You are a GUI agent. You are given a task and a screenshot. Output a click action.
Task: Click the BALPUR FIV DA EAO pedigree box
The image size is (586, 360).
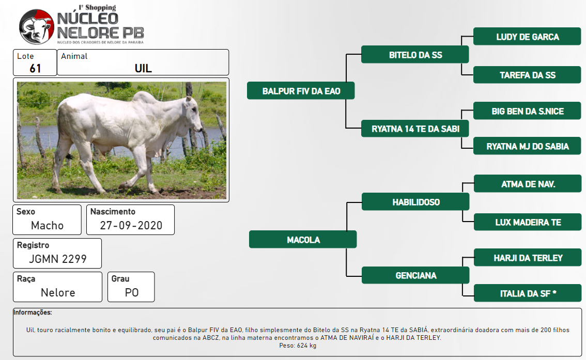[301, 91]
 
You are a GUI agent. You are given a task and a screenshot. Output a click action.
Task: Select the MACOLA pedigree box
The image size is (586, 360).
[303, 239]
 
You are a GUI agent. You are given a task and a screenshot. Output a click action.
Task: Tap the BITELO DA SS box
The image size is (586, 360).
[415, 55]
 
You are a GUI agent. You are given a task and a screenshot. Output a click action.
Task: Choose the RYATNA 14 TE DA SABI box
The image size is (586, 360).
[415, 129]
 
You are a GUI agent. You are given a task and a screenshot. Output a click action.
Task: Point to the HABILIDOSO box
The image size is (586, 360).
[415, 201]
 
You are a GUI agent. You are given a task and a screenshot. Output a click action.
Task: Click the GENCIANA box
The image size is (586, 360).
[415, 275]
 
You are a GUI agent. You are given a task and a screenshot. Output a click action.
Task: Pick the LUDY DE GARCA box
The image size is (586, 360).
[527, 36]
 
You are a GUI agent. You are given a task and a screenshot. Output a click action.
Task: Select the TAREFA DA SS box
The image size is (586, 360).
[527, 75]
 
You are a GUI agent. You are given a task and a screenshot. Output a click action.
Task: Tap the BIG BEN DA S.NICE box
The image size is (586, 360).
[527, 111]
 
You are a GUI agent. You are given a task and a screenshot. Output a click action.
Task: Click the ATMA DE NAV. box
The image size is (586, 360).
[528, 184]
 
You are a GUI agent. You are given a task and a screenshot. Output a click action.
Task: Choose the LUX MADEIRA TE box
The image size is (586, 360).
[528, 222]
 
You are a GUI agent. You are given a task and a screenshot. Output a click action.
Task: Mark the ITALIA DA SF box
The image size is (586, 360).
[528, 293]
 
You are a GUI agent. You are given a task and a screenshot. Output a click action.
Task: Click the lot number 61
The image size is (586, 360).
[35, 68]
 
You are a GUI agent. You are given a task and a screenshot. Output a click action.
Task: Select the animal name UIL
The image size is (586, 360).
[143, 68]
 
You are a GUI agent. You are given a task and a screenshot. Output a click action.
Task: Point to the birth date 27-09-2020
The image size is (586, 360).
[131, 225]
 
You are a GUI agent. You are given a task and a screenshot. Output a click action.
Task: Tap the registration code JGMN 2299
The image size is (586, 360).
[58, 259]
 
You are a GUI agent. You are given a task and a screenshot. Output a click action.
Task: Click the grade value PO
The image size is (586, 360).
[132, 292]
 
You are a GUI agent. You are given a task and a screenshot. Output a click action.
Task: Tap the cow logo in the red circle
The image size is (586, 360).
[37, 26]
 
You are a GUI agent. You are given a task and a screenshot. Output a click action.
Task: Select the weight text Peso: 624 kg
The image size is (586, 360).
[298, 346]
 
